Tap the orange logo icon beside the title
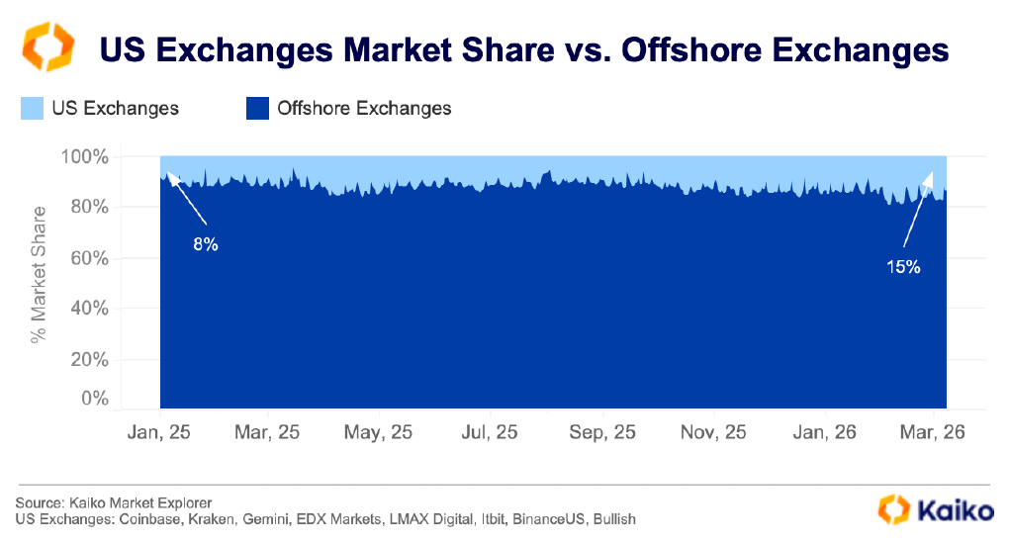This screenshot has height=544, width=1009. pyautogui.click(x=47, y=46)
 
